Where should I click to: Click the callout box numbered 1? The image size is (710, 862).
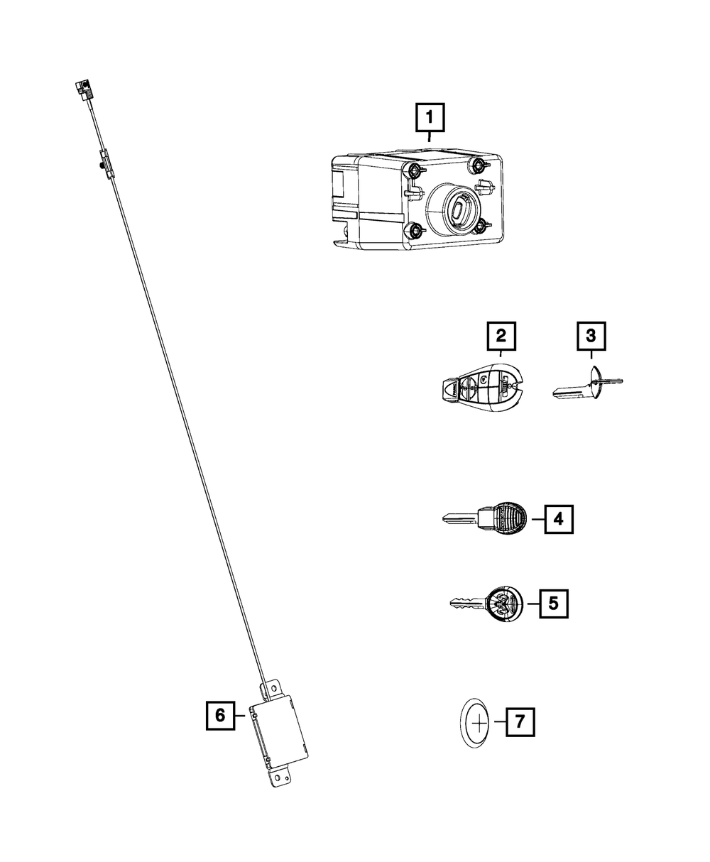pos(430,118)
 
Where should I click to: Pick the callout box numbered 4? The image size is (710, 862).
pos(558,519)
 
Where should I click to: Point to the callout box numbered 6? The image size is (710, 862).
pos(220,716)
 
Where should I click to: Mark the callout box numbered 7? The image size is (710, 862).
pos(520,724)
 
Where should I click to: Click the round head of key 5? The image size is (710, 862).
pos(506,604)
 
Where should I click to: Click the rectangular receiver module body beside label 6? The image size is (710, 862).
pos(280,728)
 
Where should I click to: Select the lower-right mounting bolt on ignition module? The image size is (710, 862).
pos(483,227)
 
